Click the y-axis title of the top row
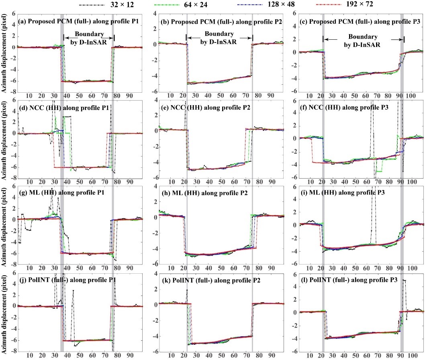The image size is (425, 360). point(5,52)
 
